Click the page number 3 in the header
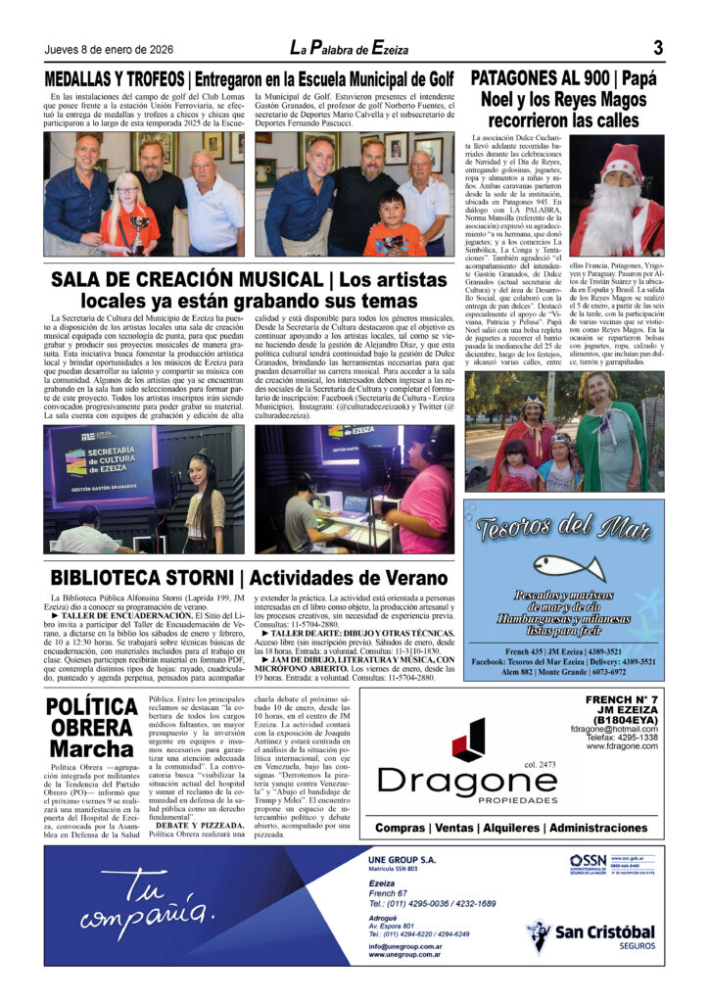click(658, 48)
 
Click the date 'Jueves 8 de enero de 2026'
click(111, 51)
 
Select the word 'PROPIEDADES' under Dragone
click(465, 800)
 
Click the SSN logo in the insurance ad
click(589, 861)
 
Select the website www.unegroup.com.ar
click(404, 955)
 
